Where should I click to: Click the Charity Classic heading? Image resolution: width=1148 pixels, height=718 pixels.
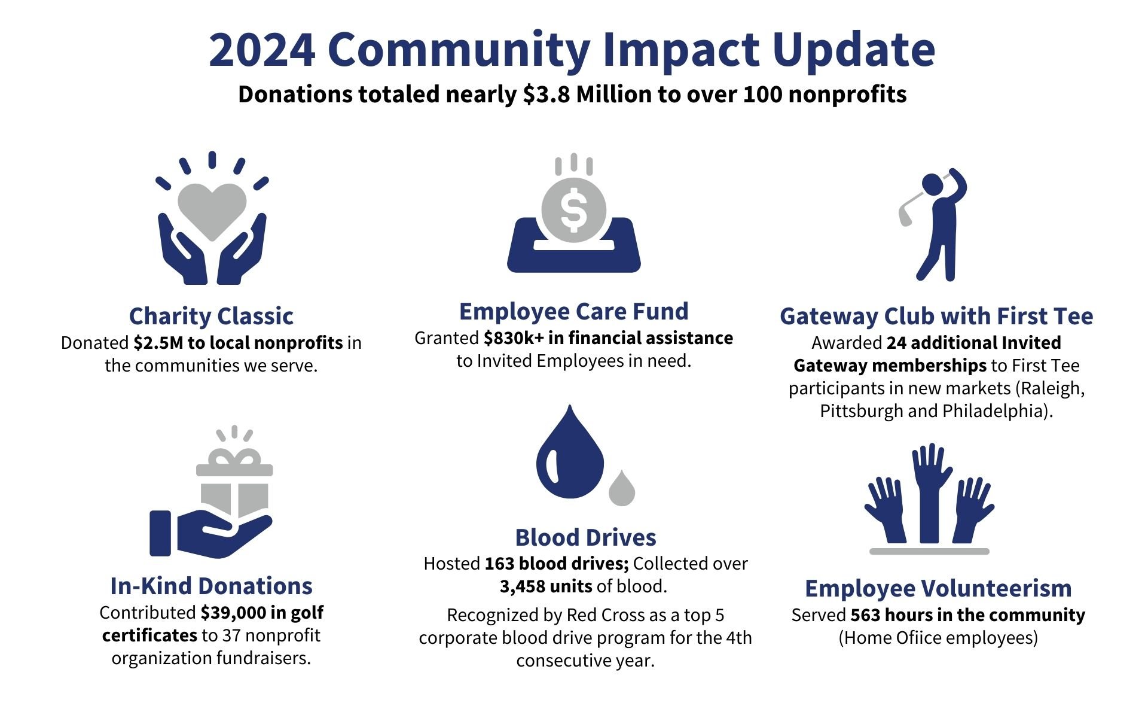[211, 316]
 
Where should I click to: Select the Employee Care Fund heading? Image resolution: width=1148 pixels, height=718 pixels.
[574, 311]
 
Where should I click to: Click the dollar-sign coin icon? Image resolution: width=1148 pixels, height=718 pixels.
[574, 210]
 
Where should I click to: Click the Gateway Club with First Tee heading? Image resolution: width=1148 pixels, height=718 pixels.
[936, 316]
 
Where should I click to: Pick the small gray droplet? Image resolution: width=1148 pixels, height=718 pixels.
[622, 488]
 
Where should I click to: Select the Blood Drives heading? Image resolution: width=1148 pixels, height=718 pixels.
[586, 537]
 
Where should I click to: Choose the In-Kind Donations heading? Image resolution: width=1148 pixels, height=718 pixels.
[212, 586]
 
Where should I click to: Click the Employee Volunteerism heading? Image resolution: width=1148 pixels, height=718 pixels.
[938, 588]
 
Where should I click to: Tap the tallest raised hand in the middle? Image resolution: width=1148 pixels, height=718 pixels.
[930, 494]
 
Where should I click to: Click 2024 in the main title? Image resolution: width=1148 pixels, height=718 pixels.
[262, 49]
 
